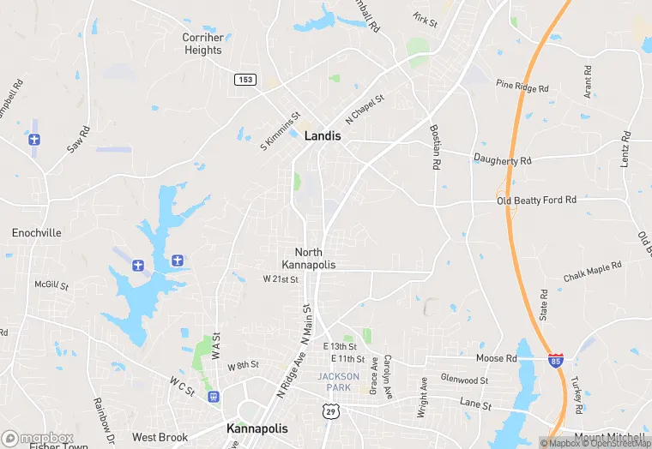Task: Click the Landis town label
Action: tap(323, 136)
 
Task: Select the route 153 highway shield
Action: tap(244, 79)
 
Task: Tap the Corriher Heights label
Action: tap(202, 44)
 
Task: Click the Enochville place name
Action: tap(37, 232)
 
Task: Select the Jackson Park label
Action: tap(334, 382)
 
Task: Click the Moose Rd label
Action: tap(497, 357)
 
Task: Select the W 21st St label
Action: tap(281, 279)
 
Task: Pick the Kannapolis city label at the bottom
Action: tap(257, 428)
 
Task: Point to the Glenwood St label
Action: tap(464, 380)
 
